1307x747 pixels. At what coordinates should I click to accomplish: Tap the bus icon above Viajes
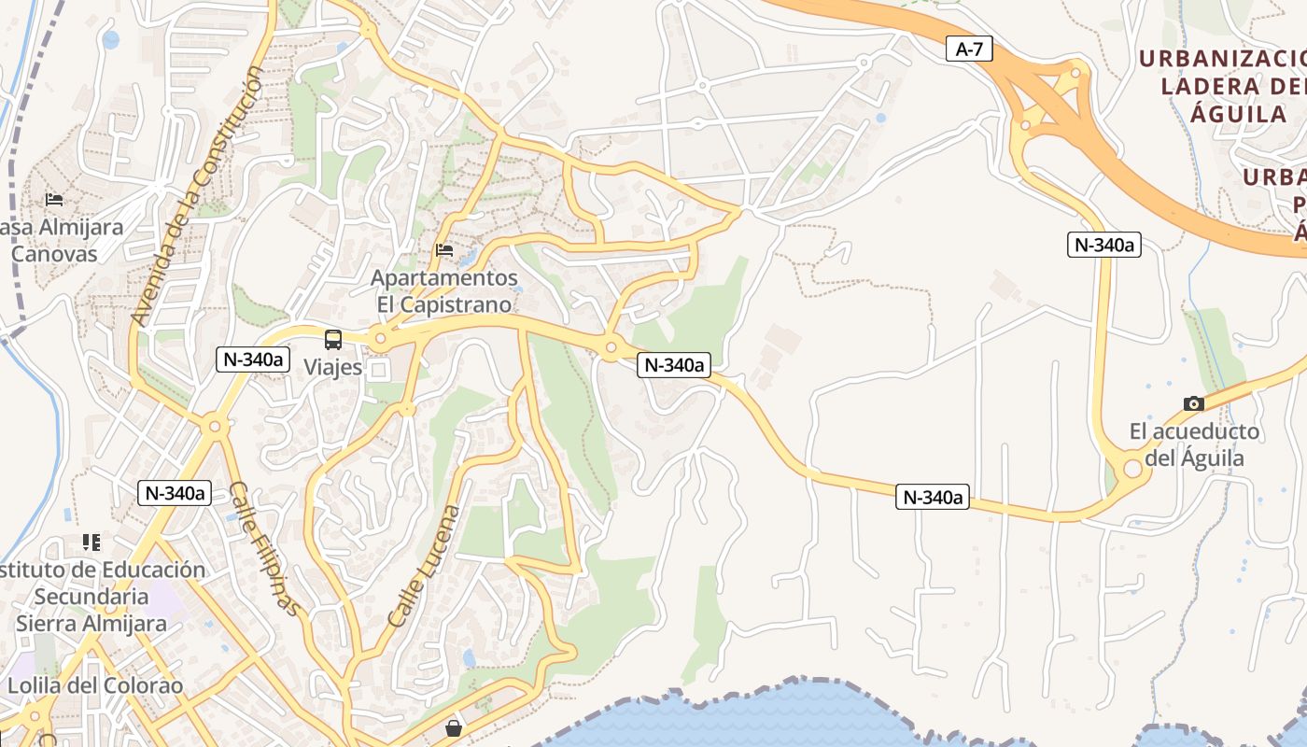(x=333, y=340)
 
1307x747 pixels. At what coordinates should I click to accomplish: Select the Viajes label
(x=333, y=367)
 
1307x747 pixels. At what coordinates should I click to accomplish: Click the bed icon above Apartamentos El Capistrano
(x=444, y=250)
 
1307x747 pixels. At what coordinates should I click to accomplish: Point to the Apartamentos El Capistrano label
(x=444, y=291)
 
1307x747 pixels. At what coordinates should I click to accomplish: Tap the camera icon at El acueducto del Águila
(x=1193, y=404)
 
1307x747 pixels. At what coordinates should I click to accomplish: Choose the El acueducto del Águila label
(x=1194, y=444)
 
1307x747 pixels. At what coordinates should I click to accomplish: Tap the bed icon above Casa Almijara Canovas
(x=54, y=200)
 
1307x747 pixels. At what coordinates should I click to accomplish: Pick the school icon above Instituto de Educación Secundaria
(x=91, y=543)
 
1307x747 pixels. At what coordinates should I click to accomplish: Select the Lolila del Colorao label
(x=95, y=685)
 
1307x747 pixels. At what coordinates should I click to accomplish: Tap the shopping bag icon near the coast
(x=454, y=727)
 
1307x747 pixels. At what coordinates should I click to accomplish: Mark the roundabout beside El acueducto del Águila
(x=1133, y=467)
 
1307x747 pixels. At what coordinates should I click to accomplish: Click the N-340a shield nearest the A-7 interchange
(x=1104, y=245)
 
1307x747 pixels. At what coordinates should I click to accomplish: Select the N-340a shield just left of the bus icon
(x=253, y=359)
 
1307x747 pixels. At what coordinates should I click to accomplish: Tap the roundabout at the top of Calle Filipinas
(x=216, y=427)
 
